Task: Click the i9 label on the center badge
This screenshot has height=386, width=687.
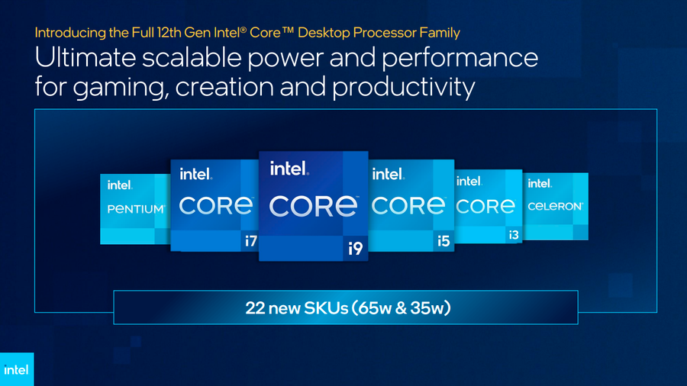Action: tap(355, 249)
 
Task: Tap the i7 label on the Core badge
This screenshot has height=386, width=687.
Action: tap(250, 241)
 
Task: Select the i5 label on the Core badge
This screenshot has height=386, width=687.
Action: tap(443, 241)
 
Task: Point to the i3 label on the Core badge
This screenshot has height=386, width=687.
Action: tap(514, 235)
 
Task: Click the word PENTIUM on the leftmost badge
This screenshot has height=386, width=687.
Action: tap(136, 209)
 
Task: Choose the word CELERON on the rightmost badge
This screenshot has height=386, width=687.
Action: tap(556, 206)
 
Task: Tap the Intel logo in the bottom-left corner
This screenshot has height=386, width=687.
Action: tap(16, 370)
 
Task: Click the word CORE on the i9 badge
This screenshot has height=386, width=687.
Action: tap(314, 206)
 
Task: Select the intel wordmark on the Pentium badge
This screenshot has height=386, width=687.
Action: tap(120, 185)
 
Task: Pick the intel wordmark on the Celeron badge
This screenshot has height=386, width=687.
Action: tap(540, 183)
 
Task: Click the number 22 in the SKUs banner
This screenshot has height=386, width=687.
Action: tap(255, 308)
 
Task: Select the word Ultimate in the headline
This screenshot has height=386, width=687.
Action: tap(85, 58)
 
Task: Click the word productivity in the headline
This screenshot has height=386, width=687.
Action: tap(403, 87)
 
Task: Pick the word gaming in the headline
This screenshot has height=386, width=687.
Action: tap(121, 88)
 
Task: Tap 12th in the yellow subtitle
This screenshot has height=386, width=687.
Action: tap(169, 33)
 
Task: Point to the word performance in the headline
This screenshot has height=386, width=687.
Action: tap(460, 59)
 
